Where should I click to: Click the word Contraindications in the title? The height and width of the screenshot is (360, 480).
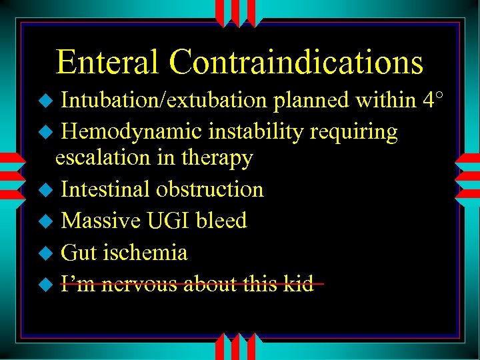pyautogui.click(x=296, y=63)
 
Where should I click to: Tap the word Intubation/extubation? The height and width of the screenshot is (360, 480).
pyautogui.click(x=163, y=100)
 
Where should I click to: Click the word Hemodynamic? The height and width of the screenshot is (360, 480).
pyautogui.click(x=132, y=132)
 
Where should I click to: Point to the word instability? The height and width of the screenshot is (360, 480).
pyautogui.click(x=257, y=132)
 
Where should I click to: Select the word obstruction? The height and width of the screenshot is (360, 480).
pyautogui.click(x=210, y=189)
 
